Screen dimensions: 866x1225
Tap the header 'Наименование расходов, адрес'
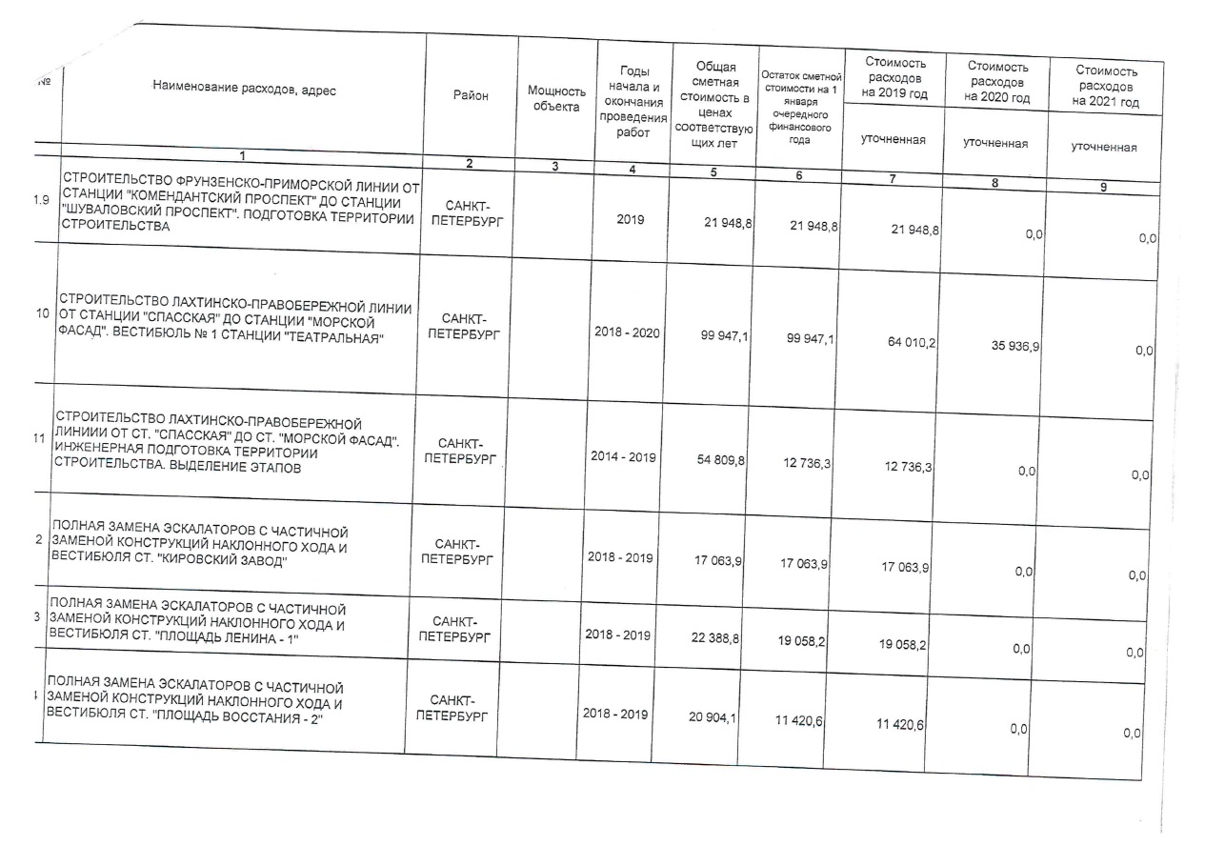click(244, 90)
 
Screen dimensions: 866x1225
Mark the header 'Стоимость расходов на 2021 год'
click(1105, 86)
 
